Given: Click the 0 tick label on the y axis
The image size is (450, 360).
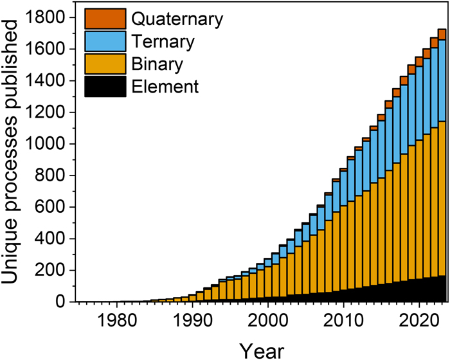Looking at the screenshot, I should coord(63,301).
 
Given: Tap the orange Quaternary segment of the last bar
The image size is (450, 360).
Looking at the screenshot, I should coord(442,35).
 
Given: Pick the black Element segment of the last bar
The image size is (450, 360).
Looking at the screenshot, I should coord(442,289).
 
